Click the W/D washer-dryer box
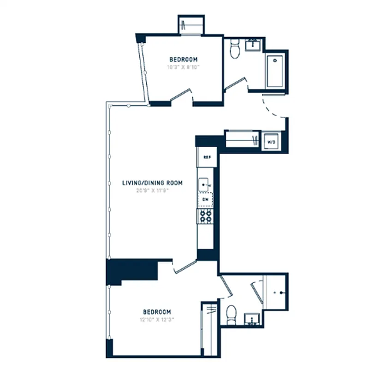coord(271,142)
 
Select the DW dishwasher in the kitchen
coord(205,199)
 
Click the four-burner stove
coord(205,216)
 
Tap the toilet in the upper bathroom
coord(235,49)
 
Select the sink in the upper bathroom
coord(253,45)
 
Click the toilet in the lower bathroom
coord(232,314)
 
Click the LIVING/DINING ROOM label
coord(152,183)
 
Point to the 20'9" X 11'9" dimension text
coord(152,190)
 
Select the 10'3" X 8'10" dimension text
coord(183,67)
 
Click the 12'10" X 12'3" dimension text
coord(157,319)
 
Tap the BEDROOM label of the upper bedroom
coord(183,60)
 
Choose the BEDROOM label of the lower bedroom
coord(157,312)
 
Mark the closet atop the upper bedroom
coord(190,25)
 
